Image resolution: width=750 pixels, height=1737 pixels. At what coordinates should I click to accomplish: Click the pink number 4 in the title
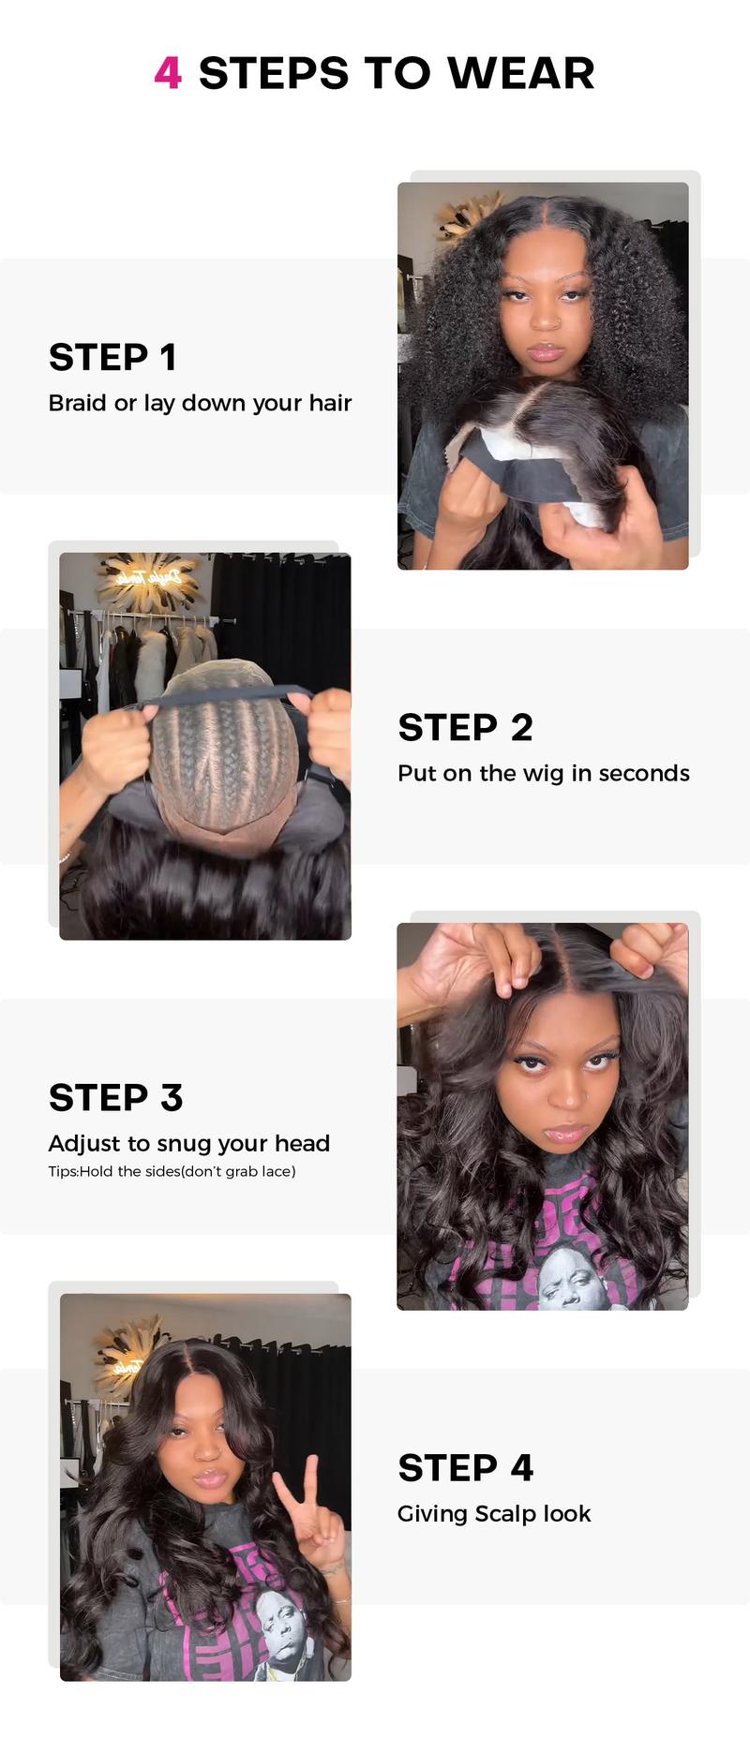168,73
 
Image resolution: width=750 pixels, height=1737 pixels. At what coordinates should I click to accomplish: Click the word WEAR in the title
520,73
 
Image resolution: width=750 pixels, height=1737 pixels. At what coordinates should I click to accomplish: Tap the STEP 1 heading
112,357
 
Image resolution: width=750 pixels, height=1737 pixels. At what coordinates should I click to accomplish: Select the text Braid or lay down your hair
200,403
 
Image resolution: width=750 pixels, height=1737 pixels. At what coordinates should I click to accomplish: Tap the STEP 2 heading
465,727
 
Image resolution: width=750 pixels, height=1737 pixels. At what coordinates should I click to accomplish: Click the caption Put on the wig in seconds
543,773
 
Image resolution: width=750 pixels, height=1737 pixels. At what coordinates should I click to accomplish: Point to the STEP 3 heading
115,1097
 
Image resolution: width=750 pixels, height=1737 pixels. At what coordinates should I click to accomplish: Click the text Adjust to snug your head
188,1143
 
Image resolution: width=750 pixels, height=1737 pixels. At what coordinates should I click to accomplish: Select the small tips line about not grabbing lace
172,1171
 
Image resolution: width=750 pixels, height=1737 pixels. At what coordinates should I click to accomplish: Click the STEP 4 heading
465,1467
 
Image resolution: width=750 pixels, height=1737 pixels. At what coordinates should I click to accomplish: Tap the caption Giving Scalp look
493,1513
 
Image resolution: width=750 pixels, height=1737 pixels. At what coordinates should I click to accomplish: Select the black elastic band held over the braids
225,697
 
